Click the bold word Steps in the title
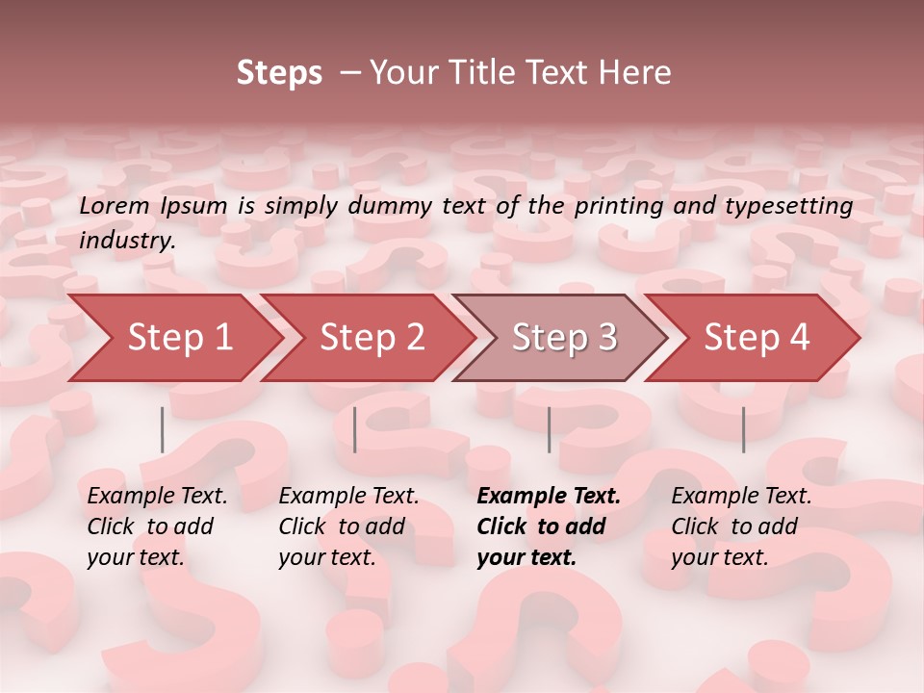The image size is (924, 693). [x=279, y=73]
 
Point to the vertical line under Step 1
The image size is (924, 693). [x=163, y=429]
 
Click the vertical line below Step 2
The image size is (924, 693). [x=355, y=429]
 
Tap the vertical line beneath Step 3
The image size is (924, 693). [x=550, y=429]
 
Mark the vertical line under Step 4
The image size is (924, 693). [x=743, y=429]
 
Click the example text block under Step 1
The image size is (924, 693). [x=157, y=526]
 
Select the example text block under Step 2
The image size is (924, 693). [x=348, y=526]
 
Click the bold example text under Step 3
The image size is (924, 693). [x=548, y=526]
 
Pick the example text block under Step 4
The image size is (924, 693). [x=741, y=526]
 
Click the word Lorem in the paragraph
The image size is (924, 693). [x=114, y=206]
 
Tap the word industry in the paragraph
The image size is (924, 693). [x=126, y=241]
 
